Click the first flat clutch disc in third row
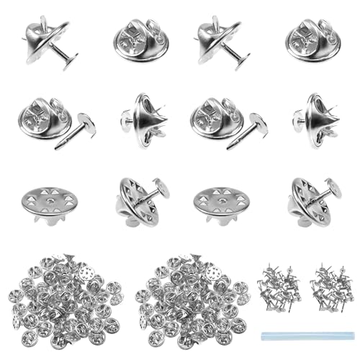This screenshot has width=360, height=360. click(49, 197)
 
